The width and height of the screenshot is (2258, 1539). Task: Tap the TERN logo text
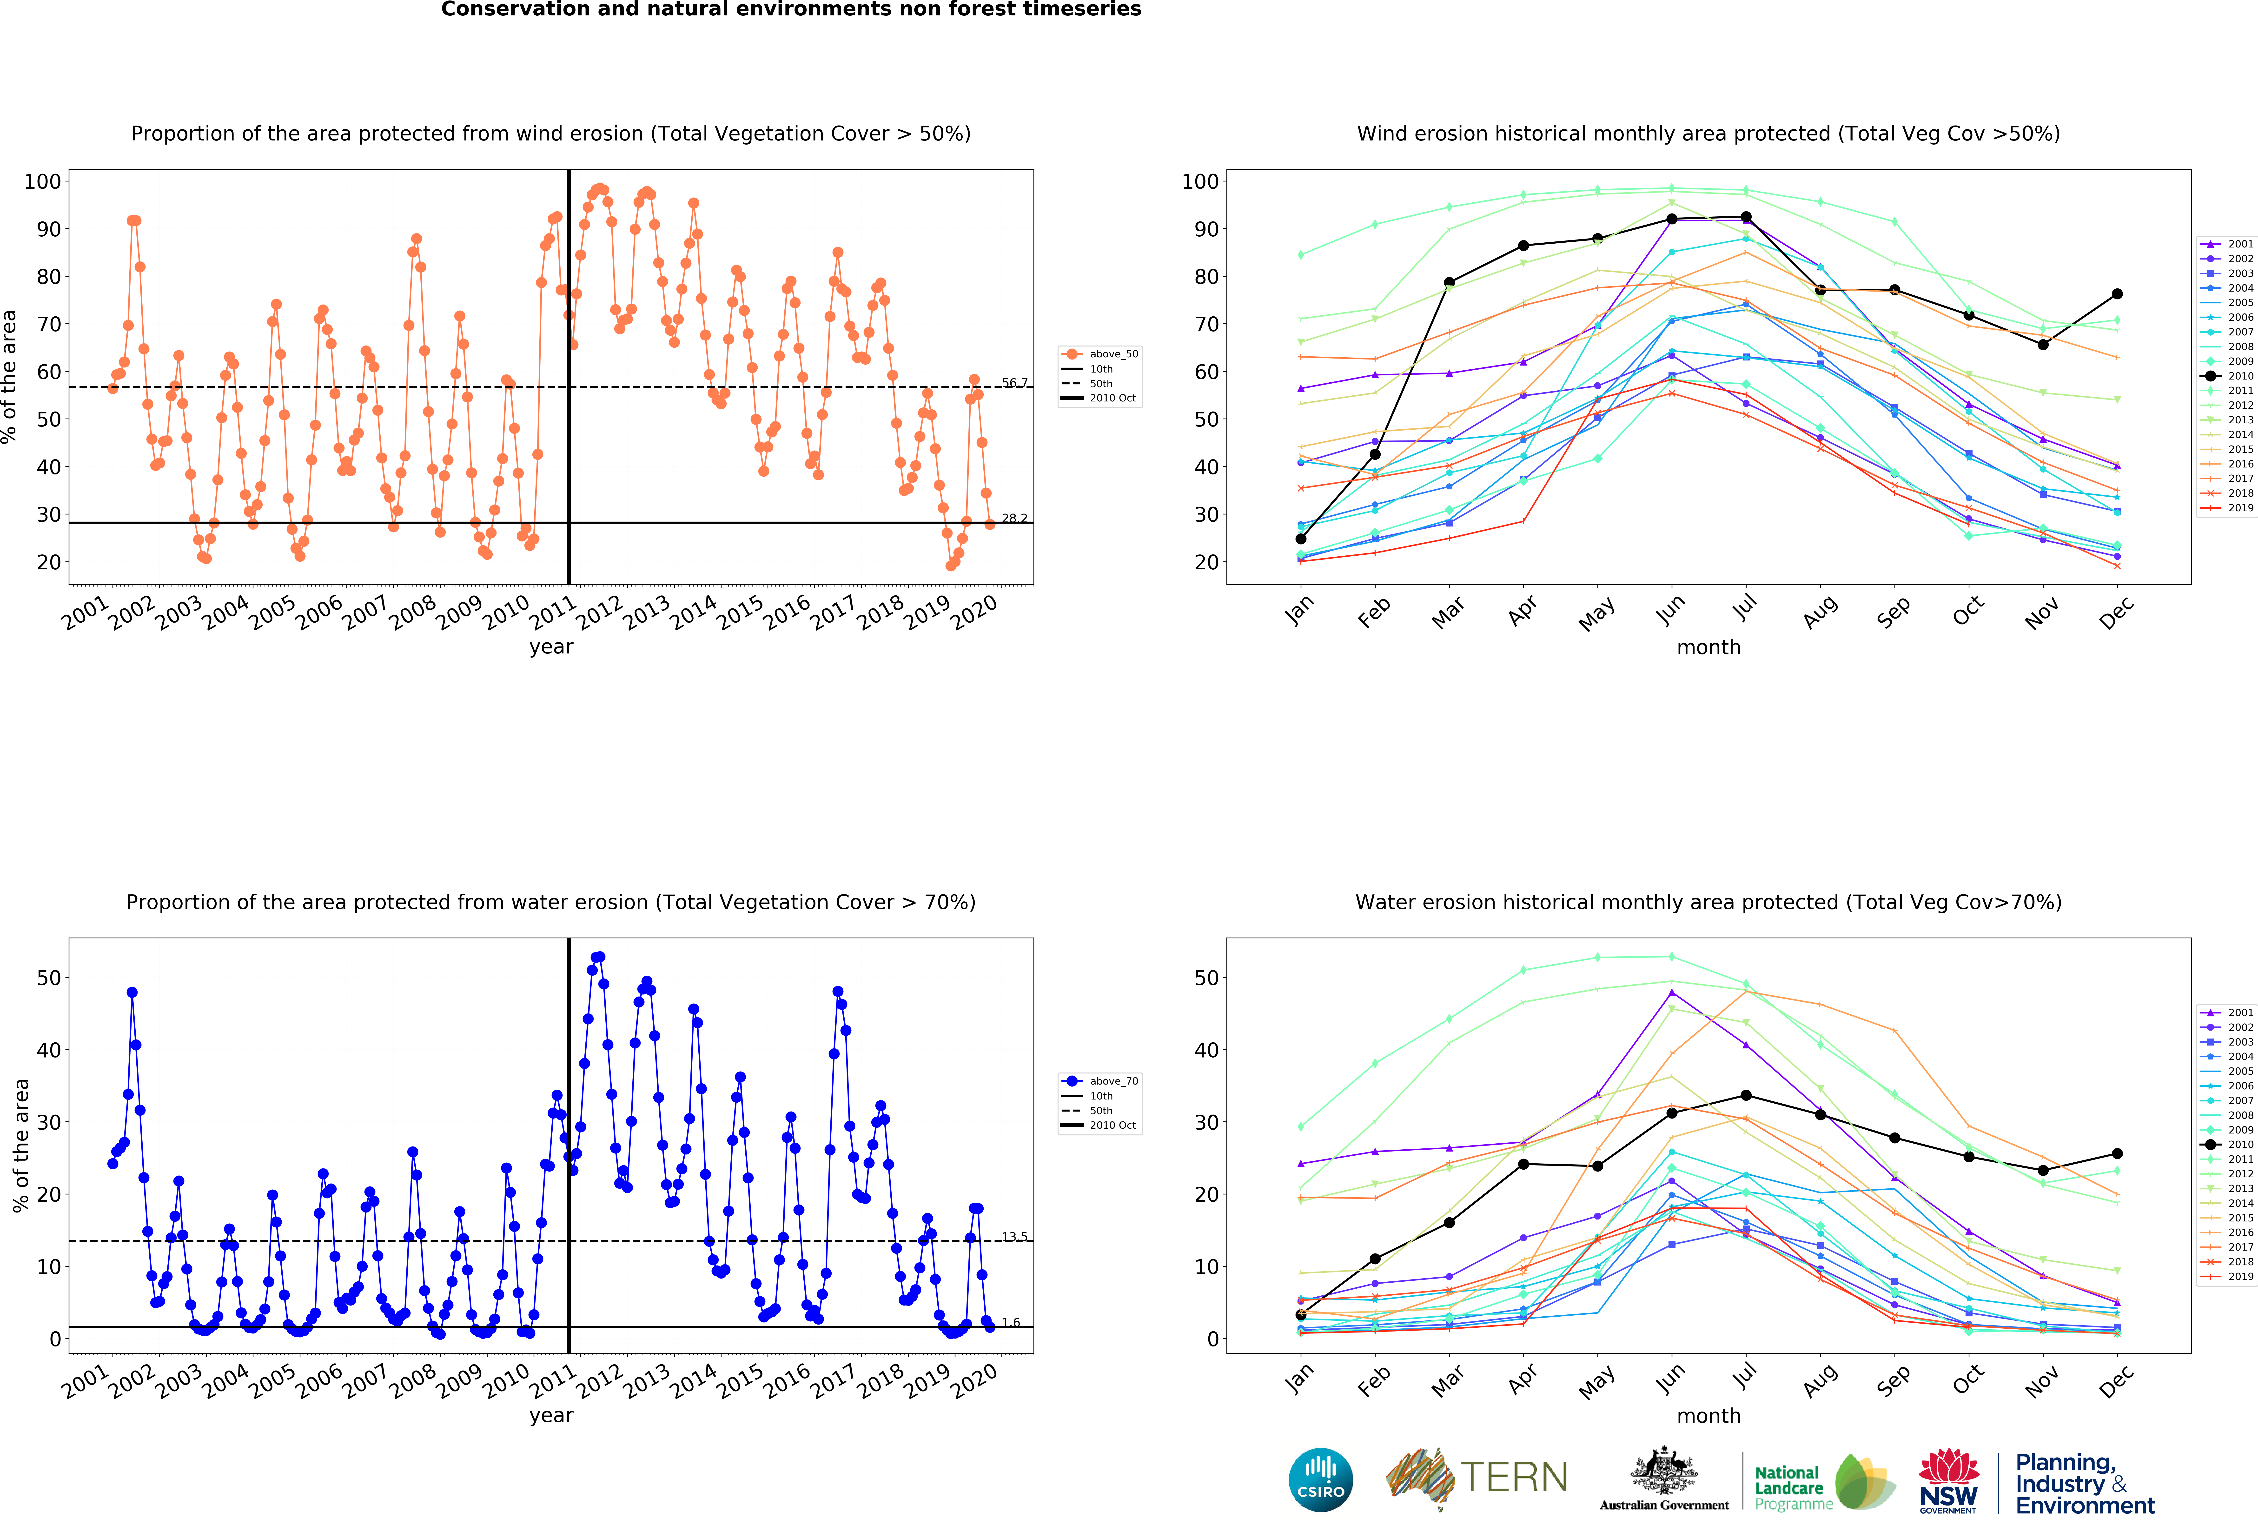1515,1478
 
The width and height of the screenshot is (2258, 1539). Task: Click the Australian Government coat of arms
1664,1470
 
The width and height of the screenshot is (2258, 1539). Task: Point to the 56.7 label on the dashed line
1014,383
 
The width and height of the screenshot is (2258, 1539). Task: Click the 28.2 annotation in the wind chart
1014,518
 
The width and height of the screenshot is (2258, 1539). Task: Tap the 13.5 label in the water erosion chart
1014,1236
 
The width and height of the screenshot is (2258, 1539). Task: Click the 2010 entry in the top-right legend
2227,376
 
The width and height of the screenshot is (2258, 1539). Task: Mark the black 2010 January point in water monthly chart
1301,1315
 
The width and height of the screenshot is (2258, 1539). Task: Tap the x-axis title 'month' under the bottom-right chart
1709,1416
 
